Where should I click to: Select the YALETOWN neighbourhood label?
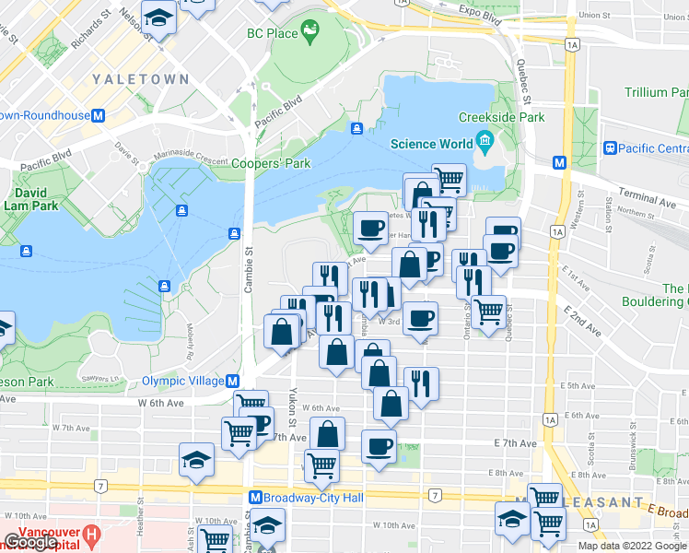(x=140, y=80)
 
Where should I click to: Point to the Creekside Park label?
(x=501, y=118)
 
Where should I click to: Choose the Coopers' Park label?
(x=271, y=164)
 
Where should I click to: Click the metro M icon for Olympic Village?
(x=233, y=381)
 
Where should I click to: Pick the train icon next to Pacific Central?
(x=609, y=147)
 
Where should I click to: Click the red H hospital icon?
(x=90, y=534)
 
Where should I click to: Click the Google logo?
(x=30, y=543)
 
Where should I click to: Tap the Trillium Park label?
(x=656, y=93)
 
